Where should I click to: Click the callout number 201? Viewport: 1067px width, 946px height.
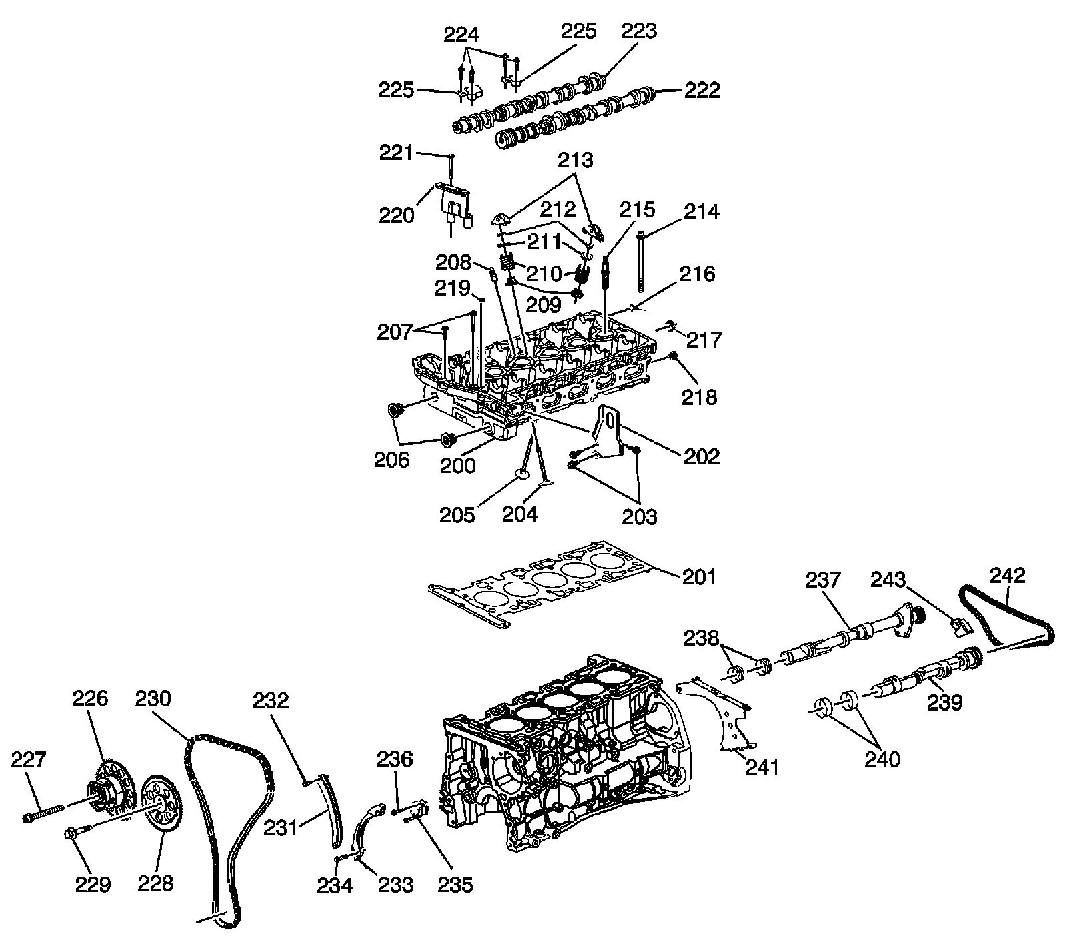(x=699, y=576)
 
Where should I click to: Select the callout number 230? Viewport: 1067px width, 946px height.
(x=153, y=699)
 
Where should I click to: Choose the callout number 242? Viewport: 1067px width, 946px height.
(x=1008, y=576)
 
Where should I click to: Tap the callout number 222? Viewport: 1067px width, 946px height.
(x=702, y=90)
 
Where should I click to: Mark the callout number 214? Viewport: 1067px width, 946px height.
(x=701, y=211)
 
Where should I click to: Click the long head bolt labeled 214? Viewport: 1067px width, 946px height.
(x=641, y=261)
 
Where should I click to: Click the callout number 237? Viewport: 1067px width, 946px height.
(x=823, y=580)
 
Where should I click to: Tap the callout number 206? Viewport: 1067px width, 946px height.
(x=391, y=460)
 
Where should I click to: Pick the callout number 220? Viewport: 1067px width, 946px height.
(x=397, y=215)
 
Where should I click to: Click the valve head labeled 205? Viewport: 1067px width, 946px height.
(x=521, y=478)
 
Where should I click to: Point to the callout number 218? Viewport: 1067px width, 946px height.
(x=698, y=397)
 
